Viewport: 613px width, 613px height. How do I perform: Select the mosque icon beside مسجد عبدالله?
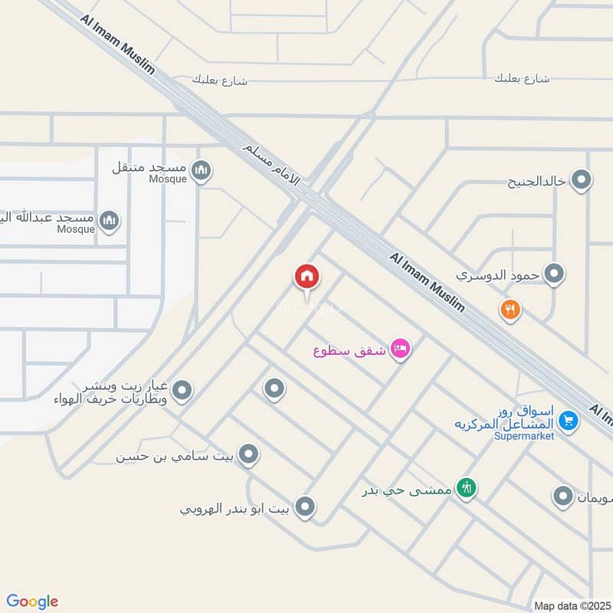(110, 221)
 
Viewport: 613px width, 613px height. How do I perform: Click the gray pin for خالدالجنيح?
(582, 181)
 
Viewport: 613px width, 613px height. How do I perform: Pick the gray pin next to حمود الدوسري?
(554, 274)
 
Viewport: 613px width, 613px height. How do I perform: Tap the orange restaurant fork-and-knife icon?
(511, 310)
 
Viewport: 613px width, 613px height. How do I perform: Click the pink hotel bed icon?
(401, 350)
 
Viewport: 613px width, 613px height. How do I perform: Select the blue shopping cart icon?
(568, 419)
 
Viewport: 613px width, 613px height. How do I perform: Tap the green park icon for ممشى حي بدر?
(466, 487)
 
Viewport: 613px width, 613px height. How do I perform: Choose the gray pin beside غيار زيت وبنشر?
(182, 392)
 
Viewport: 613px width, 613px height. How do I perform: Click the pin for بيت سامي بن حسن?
(247, 455)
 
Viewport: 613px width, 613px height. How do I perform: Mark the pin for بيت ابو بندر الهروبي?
(305, 506)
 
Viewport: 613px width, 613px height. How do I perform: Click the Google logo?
(32, 602)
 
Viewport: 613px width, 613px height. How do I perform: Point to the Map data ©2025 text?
(571, 605)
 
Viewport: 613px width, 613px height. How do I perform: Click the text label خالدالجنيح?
(536, 182)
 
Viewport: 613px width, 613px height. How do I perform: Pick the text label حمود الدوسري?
(498, 274)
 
